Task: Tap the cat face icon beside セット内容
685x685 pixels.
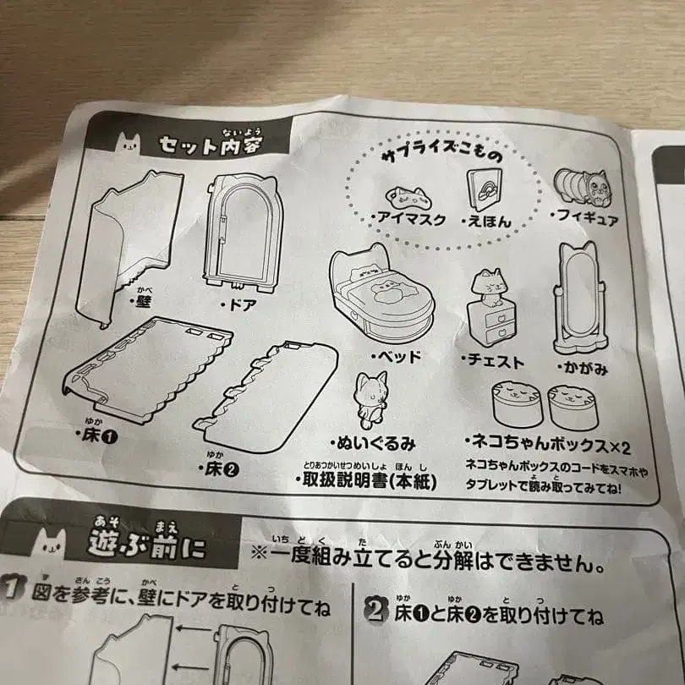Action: pos(129,146)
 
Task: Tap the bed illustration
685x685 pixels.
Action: pos(380,292)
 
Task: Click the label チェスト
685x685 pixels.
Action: pos(495,361)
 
